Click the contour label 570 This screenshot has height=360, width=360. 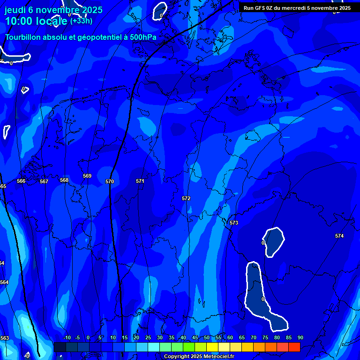point(110,181)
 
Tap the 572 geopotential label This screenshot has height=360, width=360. point(186,198)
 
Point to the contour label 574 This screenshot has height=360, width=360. point(339,236)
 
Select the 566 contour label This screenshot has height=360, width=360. point(21,181)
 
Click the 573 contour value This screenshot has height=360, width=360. point(234,223)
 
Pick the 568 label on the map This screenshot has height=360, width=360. point(64,180)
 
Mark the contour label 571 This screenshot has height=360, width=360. point(140,181)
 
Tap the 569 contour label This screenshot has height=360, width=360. point(87,176)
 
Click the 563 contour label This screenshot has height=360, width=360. point(5,338)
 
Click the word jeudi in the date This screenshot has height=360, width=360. point(15,10)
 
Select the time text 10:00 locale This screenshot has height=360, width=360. point(36,21)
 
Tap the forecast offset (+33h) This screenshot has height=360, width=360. point(81,21)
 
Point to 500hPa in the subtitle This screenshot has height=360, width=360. point(143,37)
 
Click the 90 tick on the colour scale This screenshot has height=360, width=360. point(300,338)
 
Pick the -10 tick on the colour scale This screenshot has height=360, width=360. point(67,338)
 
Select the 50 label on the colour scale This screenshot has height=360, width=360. point(207,338)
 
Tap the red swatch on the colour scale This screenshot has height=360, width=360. point(294,347)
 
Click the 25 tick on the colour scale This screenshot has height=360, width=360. point(148,338)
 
